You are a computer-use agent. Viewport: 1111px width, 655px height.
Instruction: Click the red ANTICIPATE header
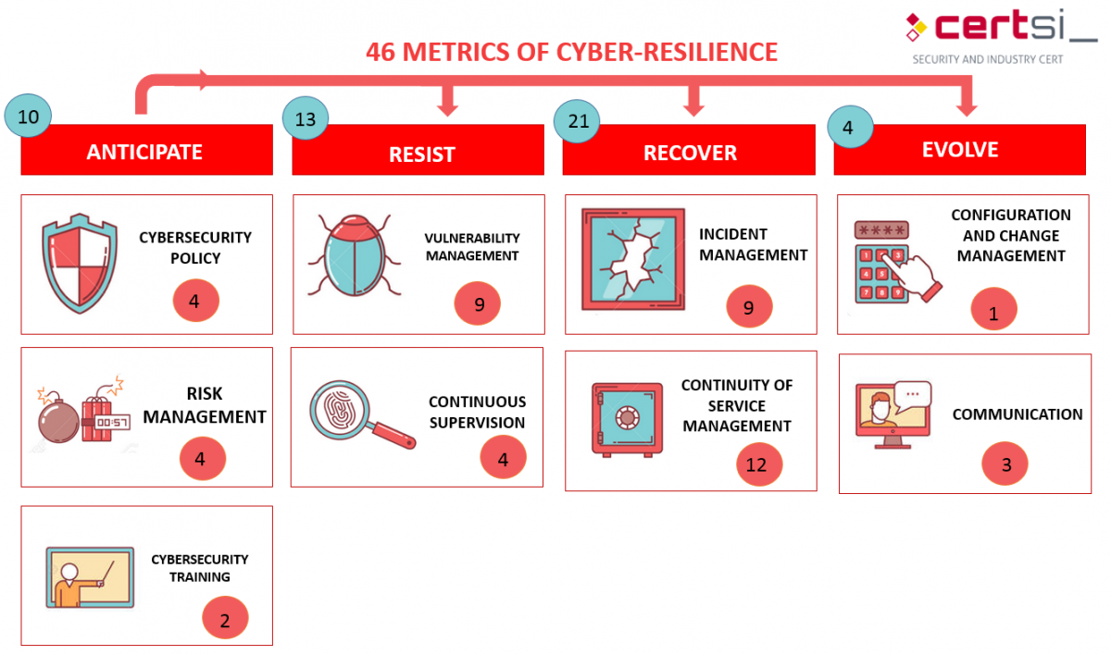point(146,151)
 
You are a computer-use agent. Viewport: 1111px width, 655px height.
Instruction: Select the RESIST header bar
point(418,153)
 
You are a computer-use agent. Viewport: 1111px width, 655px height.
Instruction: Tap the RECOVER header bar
point(689,153)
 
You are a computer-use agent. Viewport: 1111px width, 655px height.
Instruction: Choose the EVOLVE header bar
point(959,150)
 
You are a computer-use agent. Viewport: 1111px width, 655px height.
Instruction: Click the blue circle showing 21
point(577,122)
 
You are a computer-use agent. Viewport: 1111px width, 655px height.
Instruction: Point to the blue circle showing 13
point(306,119)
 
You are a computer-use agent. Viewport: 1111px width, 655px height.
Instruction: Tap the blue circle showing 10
point(28,116)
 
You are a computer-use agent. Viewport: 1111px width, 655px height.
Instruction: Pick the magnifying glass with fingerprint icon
point(360,415)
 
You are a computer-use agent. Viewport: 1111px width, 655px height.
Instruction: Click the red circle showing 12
point(759,464)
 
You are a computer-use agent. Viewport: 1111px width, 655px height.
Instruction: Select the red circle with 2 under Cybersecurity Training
point(225,620)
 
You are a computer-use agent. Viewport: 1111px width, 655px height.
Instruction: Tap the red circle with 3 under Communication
point(1006,464)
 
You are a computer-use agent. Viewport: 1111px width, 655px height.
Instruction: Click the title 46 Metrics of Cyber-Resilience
point(571,52)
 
